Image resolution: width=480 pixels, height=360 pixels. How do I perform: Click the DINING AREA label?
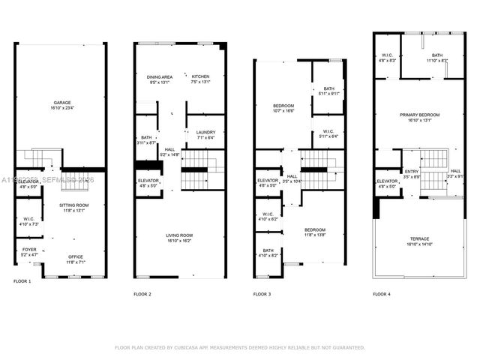coord(159,76)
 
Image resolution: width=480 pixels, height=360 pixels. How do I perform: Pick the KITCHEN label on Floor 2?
coord(201,76)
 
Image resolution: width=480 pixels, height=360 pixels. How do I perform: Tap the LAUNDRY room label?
coord(205,132)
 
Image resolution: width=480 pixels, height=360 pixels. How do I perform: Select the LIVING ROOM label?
coord(180,235)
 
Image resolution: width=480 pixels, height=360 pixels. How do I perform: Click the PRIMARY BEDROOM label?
coord(418,115)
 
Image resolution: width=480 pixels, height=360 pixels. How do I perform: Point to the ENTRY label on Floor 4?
coord(412,171)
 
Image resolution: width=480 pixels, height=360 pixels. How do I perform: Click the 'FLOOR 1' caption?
coord(22,281)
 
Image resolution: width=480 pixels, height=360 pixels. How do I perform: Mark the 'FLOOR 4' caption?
coord(382,295)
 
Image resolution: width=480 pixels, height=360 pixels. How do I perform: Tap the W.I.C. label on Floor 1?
coord(27,219)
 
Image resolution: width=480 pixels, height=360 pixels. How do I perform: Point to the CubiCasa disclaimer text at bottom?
coord(239,348)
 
